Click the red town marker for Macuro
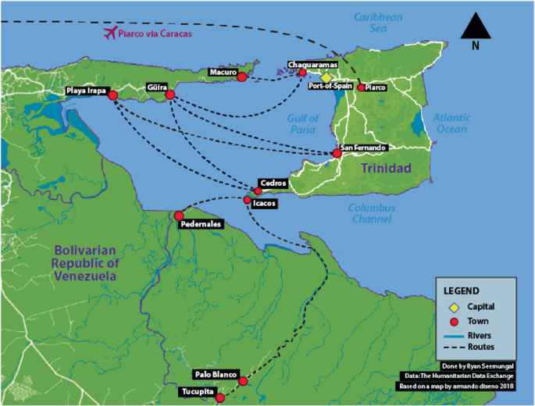click(x=241, y=77)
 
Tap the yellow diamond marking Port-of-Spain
click(x=326, y=78)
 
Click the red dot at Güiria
click(x=170, y=95)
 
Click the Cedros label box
click(x=273, y=183)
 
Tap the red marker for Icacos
click(x=248, y=201)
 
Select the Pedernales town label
click(x=201, y=224)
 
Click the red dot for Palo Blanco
click(x=243, y=381)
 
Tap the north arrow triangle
click(x=476, y=27)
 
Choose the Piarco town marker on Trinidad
click(x=361, y=88)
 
